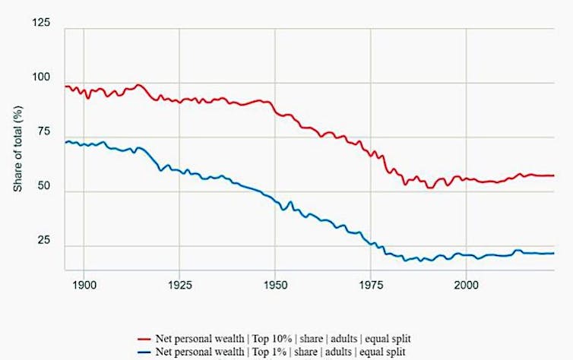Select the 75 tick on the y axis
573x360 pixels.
click(x=43, y=133)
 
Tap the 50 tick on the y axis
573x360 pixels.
click(x=43, y=188)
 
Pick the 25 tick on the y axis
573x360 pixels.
click(x=43, y=242)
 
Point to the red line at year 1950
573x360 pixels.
click(x=274, y=110)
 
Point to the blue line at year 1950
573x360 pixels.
click(x=274, y=201)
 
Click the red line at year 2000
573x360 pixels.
click(x=466, y=180)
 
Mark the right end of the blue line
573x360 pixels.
click(x=553, y=254)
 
